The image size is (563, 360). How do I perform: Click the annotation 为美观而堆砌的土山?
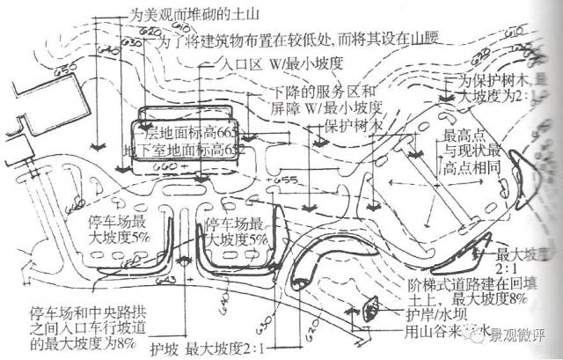(x=193, y=16)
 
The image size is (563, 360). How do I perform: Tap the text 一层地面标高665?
(x=185, y=131)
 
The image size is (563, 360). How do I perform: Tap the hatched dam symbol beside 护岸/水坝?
(x=369, y=308)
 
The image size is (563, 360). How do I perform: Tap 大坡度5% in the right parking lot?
(x=237, y=239)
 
